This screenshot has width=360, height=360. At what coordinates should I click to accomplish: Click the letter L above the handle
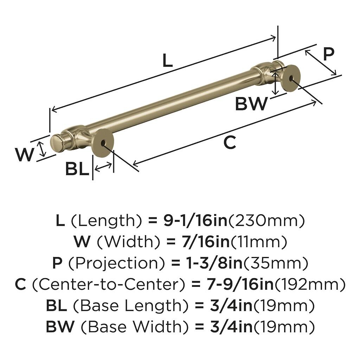[x=168, y=60]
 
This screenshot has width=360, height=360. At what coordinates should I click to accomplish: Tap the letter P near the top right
[x=329, y=54]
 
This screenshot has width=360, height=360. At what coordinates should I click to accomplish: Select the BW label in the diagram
[x=251, y=103]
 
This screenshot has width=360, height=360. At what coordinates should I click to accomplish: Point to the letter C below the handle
[x=230, y=142]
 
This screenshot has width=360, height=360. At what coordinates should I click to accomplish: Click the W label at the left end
[x=25, y=154]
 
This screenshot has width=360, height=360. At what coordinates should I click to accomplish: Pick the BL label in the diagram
[x=77, y=169]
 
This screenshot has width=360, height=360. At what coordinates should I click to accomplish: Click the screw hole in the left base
[x=103, y=143]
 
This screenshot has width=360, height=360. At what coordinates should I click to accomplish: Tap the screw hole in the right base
[x=291, y=79]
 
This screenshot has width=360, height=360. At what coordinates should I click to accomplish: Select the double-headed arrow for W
[x=42, y=149]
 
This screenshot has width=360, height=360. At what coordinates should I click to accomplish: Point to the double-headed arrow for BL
[x=103, y=167]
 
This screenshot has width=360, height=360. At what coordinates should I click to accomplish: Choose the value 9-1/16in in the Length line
[x=195, y=221]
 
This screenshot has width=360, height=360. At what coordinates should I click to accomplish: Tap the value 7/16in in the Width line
[x=205, y=242]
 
